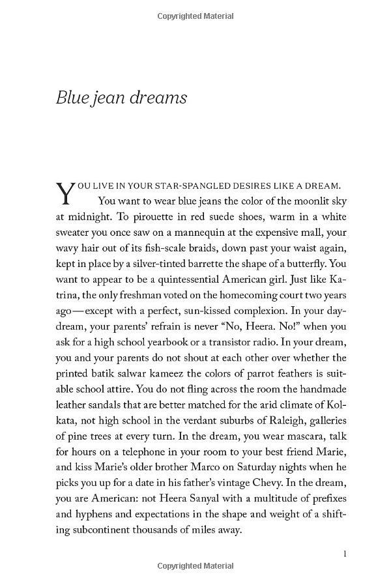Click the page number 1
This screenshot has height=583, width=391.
(344, 554)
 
